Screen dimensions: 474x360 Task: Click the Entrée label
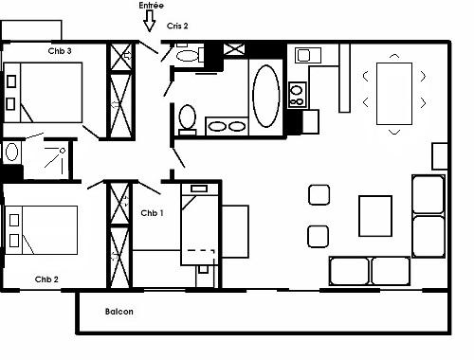pos(152,6)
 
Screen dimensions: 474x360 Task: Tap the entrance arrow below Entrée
pos(150,22)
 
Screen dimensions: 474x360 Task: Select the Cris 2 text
pos(177,26)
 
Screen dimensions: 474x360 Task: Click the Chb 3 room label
pos(60,51)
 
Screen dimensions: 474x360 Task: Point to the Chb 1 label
pos(152,213)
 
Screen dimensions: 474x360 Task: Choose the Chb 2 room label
pos(46,279)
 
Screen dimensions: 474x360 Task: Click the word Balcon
pos(119,312)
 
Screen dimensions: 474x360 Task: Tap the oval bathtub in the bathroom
pos(266,96)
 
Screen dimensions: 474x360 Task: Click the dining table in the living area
pos(394,94)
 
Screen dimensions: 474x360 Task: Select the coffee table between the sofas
pos(375,216)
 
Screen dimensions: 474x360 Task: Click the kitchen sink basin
pos(304,56)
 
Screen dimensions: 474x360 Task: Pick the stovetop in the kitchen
pos(298,95)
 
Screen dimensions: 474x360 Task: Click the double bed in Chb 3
pos(43,92)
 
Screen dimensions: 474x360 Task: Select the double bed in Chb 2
pos(41,230)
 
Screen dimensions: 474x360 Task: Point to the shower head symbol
pos(63,151)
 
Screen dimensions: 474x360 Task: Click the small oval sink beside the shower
pos(11,152)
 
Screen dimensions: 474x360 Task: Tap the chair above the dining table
pos(394,56)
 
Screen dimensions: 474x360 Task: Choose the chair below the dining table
pos(394,132)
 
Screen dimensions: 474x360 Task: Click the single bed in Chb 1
pos(200,225)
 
